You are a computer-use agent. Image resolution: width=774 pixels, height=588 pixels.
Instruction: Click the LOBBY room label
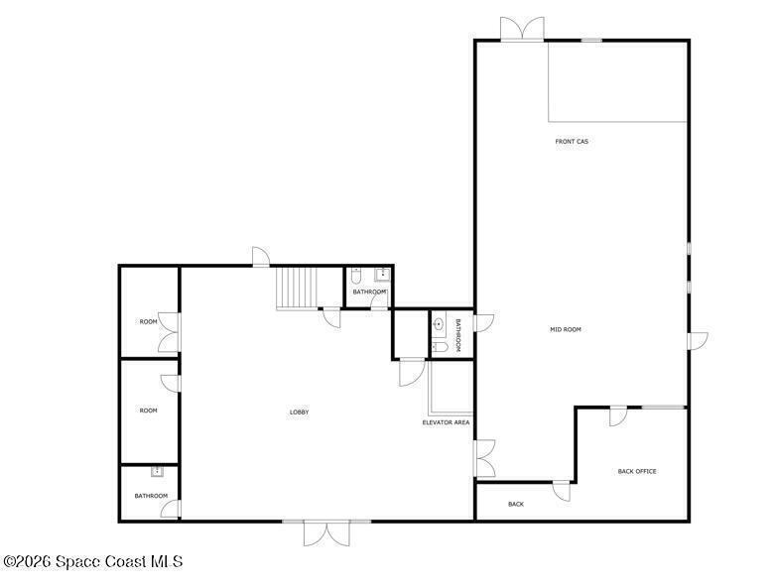coord(299,412)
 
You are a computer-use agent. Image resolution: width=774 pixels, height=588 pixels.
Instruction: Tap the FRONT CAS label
coord(572,142)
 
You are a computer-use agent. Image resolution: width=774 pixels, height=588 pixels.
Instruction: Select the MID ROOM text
coord(566,329)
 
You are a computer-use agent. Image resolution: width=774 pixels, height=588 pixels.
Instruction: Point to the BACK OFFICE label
coord(637,472)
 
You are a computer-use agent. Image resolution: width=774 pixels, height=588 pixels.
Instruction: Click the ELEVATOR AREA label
coord(447,422)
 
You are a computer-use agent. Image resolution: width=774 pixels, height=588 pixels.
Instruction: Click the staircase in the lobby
coord(296,289)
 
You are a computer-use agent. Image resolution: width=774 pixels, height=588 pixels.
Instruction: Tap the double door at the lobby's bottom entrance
coord(326,533)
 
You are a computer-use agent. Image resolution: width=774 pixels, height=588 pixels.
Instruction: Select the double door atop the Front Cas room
coord(522,29)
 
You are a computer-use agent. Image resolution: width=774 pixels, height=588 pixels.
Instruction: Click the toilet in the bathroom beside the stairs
coord(356,276)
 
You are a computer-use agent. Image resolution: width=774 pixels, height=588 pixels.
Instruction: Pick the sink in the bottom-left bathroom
coord(157,472)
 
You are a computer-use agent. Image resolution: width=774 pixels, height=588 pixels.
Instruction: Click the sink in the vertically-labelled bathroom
coord(439,324)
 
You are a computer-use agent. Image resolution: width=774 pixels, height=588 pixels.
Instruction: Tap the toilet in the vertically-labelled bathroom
coord(440,348)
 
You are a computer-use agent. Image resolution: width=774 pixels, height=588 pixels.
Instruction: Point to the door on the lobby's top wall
coord(261,257)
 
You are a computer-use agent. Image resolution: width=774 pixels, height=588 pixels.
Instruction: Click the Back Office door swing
coord(617,415)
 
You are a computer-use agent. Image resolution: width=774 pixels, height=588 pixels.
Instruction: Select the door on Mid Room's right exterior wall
coord(698,341)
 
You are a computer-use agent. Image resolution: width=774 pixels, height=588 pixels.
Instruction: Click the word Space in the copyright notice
coord(79,561)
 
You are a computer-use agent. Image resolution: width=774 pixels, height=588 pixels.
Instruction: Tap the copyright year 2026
coord(35,561)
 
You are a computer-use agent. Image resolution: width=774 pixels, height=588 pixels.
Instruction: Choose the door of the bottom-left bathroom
coord(171,509)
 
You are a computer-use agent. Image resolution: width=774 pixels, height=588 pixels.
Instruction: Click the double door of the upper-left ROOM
coord(169,332)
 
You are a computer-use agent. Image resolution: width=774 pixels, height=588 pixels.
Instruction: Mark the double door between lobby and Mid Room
coord(484,458)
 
